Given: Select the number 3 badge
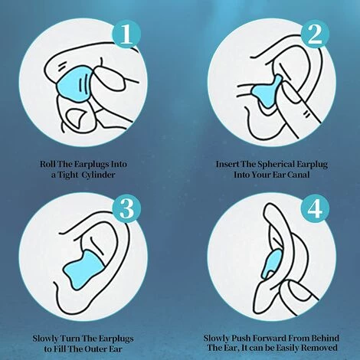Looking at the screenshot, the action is click(126, 208).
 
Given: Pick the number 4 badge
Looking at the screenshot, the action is click(315, 208).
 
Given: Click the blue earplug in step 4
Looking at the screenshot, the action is click(272, 264).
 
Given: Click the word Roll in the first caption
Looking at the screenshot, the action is click(47, 164).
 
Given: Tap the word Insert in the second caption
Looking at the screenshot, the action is click(227, 164).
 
